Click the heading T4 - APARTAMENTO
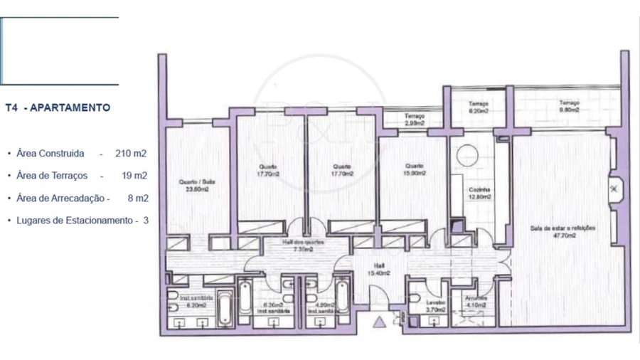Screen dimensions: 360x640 58,108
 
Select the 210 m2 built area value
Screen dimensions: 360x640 131,153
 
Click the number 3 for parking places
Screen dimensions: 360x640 146,221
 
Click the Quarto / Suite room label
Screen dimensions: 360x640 197,185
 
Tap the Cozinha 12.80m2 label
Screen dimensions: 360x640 478,194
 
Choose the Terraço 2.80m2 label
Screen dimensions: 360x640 415,120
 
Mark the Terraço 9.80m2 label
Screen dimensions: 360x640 569,106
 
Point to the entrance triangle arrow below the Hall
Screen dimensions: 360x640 379,322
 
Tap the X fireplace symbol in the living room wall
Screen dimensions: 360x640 613,189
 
